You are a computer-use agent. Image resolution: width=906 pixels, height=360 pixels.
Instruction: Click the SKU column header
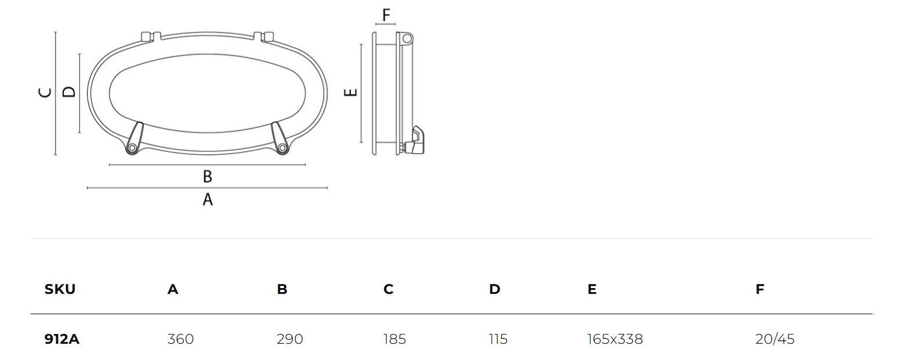pyautogui.click(x=60, y=289)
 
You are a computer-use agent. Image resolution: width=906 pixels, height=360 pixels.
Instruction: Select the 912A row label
pyautogui.click(x=62, y=339)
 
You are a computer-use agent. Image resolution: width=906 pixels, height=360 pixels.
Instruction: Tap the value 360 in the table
pyautogui.click(x=180, y=339)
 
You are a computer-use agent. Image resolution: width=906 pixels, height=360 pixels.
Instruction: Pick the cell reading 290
pyautogui.click(x=290, y=339)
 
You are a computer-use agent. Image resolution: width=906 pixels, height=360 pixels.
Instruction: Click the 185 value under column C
pyautogui.click(x=394, y=339)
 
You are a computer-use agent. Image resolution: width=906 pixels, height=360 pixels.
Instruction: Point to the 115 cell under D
pyautogui.click(x=498, y=339)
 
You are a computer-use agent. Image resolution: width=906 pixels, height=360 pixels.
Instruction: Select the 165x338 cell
pyautogui.click(x=615, y=339)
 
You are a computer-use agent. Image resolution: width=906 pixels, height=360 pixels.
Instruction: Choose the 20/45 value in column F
pyautogui.click(x=774, y=339)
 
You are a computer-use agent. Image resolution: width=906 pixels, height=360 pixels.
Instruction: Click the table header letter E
pyautogui.click(x=592, y=289)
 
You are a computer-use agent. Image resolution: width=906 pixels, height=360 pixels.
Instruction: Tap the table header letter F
pyautogui.click(x=759, y=289)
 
